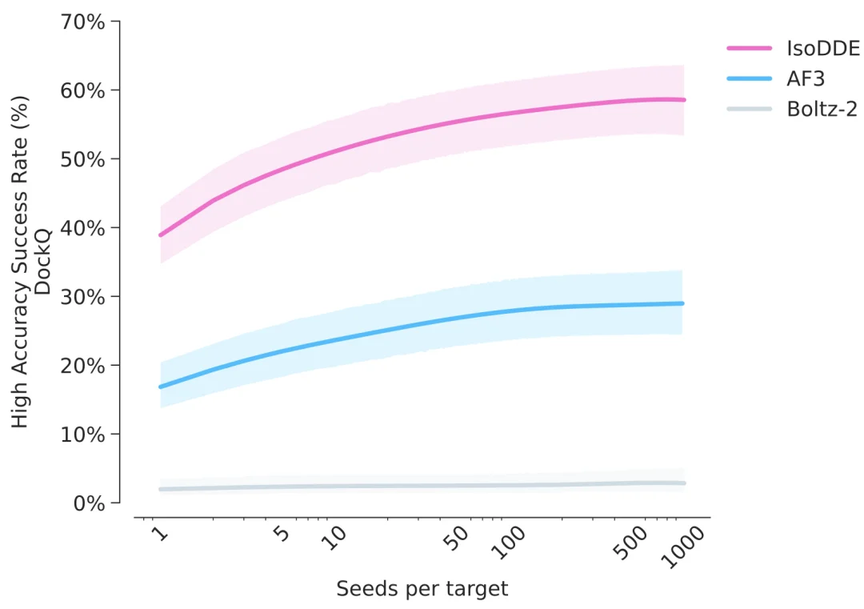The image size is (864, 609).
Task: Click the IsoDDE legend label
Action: coord(823,48)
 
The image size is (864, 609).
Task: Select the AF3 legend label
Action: coord(806,78)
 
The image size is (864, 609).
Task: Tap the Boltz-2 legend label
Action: coord(822,108)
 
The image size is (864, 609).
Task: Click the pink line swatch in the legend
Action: coord(749,48)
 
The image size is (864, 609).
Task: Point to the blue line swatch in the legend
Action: coord(749,78)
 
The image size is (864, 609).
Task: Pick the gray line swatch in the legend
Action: coord(749,108)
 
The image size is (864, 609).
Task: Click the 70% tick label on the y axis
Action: coord(83,22)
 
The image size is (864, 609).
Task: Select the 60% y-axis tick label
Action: coord(83,90)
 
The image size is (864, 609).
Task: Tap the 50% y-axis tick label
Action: coord(83,159)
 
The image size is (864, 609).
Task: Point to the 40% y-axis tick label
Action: coord(83,228)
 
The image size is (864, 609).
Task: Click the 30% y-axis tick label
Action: coord(83,297)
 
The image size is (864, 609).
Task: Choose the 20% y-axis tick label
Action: coord(83,366)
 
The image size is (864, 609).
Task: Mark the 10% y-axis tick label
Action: coord(83,435)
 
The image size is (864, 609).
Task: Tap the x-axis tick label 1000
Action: coord(684,549)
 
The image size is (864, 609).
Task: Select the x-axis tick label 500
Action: coord(630,544)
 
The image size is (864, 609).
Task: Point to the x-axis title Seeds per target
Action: coord(422,590)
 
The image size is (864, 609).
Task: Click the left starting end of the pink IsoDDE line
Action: coord(161,235)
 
